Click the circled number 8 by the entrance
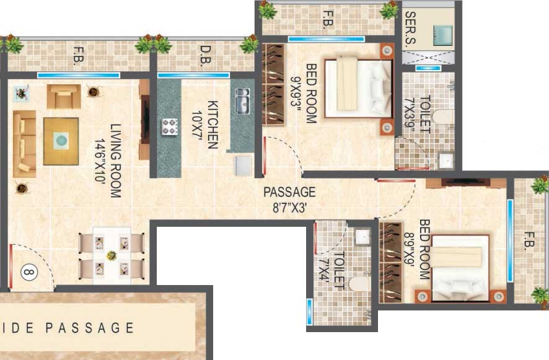coord(28,271)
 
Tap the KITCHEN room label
coord(213,124)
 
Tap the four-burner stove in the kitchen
coord(170,126)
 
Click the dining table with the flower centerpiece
coord(112,254)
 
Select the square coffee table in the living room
coord(61,141)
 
